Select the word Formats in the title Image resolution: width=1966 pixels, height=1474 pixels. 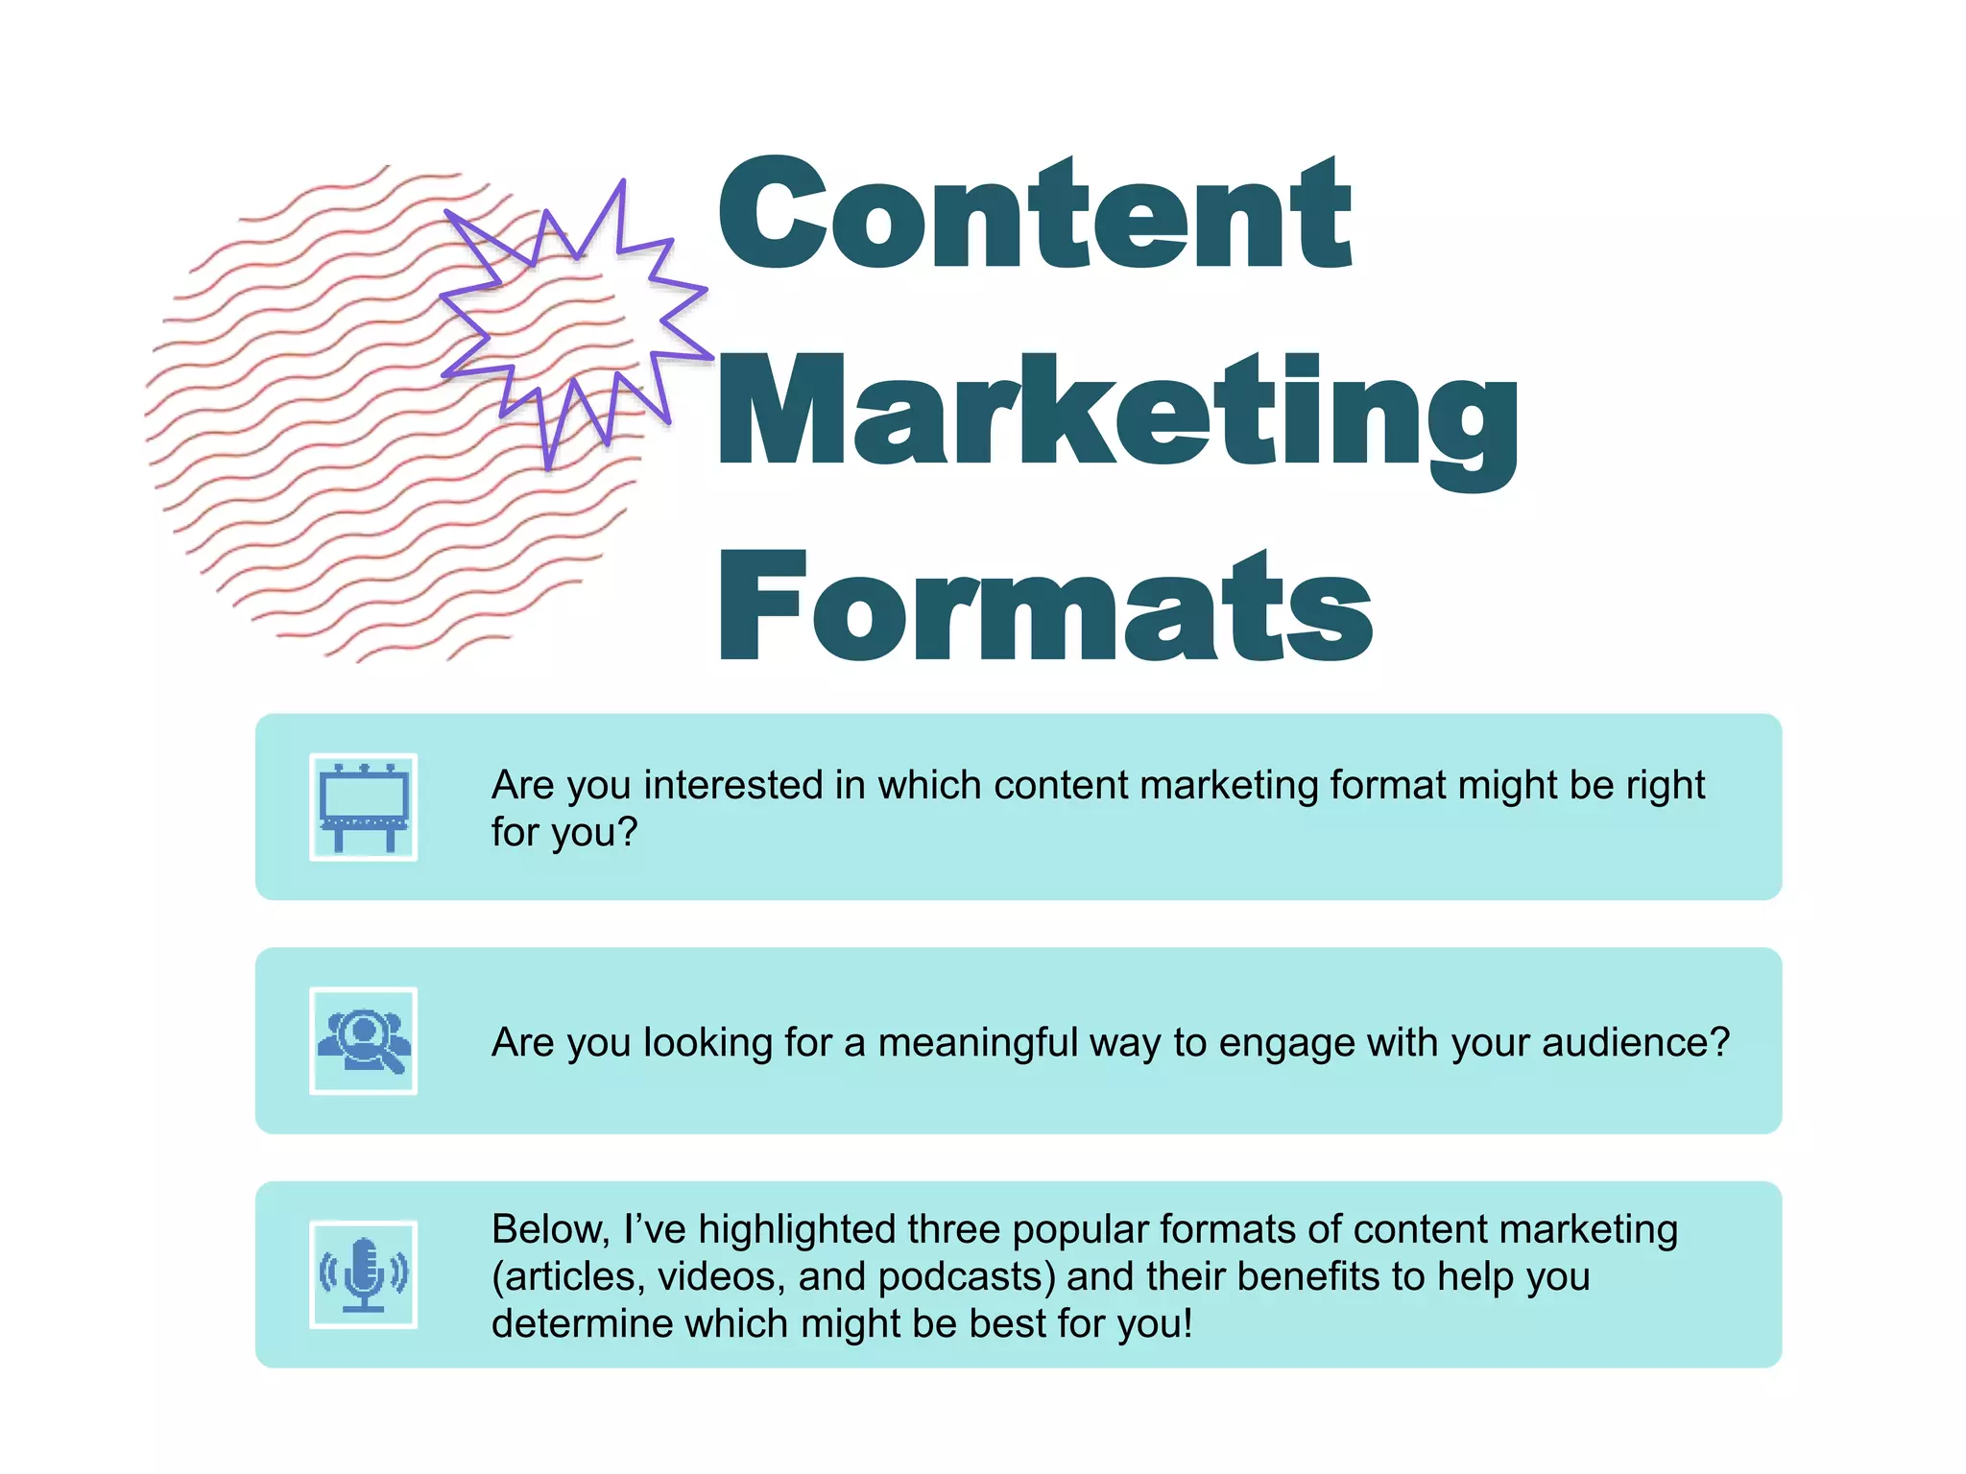[x=1046, y=607]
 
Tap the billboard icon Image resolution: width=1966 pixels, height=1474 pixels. [x=364, y=807]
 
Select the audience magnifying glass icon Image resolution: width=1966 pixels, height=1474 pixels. [x=364, y=1041]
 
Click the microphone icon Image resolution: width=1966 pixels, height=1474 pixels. [x=364, y=1274]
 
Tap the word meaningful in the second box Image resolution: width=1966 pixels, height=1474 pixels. [x=979, y=1043]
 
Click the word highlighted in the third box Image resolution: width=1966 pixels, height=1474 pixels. [x=797, y=1229]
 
